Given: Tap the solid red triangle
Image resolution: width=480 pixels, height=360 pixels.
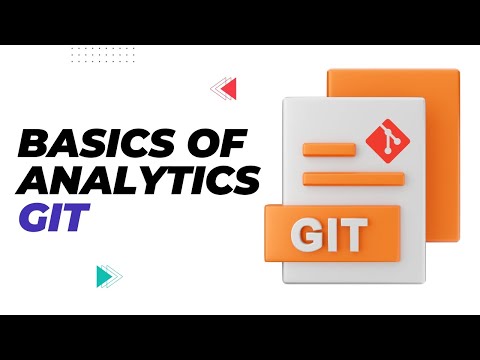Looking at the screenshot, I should tap(228, 90).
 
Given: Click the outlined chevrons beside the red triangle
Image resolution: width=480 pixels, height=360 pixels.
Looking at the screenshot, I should tap(215, 90).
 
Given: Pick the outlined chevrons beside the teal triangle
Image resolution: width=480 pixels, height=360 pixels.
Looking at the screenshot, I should tap(116, 275).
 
